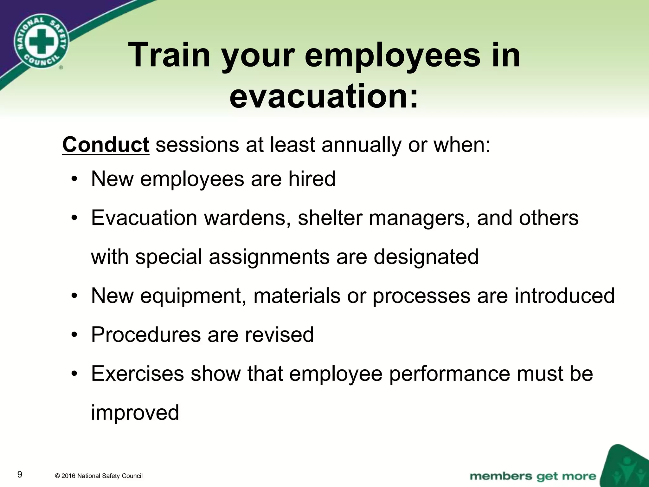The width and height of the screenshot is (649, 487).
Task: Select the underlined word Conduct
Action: tap(106, 145)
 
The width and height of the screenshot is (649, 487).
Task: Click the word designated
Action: tap(426, 256)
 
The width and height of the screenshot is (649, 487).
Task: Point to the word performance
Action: tap(449, 374)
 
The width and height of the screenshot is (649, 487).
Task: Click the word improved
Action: tap(135, 412)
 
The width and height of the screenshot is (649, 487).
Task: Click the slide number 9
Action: tap(20, 475)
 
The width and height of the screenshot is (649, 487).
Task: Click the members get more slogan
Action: tap(533, 476)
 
